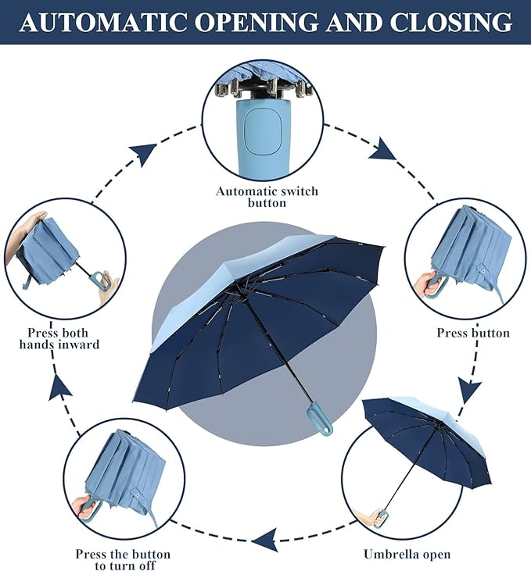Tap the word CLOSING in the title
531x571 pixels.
point(451,22)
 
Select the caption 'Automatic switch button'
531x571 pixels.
point(267,197)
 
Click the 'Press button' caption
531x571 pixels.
point(473,334)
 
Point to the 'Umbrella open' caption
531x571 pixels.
point(407,555)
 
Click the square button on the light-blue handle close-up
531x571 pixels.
point(264,130)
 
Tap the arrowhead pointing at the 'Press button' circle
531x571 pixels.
point(383,149)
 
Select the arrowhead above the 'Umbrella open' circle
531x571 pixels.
point(469,388)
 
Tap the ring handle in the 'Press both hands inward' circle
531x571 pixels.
point(99,280)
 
